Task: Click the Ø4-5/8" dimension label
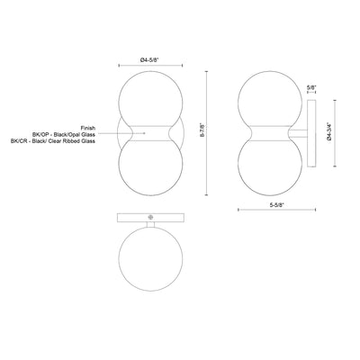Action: tap(149, 60)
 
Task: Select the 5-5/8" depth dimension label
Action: tap(276, 205)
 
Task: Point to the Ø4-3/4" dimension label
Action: tap(329, 132)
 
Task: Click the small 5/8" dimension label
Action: tap(311, 87)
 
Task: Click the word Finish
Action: tap(88, 128)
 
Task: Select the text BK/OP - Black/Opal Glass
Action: tap(64, 134)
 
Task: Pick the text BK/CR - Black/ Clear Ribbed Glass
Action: tap(53, 141)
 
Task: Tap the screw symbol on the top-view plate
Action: tap(150, 217)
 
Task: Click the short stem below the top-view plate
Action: tap(150, 224)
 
